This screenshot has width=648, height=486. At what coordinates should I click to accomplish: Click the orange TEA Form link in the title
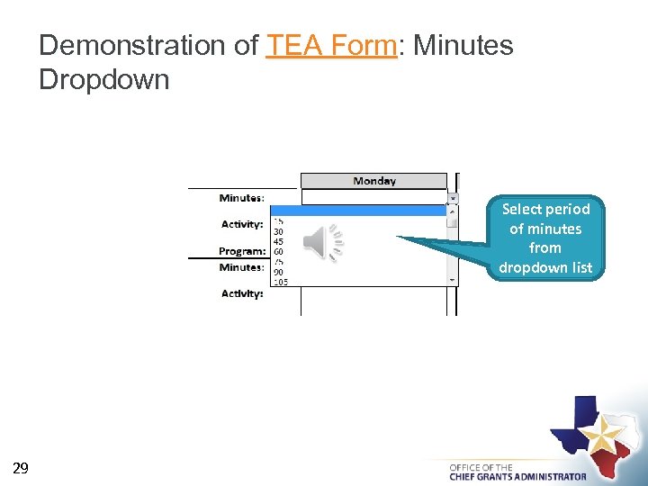point(331,45)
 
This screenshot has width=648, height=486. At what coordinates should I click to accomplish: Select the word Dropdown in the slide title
point(104,79)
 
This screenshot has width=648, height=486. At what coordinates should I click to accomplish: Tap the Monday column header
point(373,181)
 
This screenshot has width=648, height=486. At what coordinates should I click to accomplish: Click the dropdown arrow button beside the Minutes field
point(453,198)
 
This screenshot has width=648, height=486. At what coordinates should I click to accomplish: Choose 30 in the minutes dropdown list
point(278,230)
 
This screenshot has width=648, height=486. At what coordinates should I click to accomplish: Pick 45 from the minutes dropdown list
point(278,241)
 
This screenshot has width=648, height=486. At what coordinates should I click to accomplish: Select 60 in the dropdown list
point(278,252)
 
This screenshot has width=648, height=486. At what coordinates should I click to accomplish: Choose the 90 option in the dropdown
point(278,272)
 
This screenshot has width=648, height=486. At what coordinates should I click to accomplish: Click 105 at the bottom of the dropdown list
point(280,282)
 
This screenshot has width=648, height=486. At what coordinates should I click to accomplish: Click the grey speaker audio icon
point(321,243)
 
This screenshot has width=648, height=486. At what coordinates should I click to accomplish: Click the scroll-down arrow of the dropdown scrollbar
point(453,280)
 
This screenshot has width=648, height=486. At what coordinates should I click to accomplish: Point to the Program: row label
point(242,252)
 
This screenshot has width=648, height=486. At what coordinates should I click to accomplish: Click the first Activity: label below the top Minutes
point(242,224)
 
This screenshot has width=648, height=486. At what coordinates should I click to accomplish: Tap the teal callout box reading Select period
point(545,238)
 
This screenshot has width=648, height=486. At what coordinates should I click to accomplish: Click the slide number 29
point(21,467)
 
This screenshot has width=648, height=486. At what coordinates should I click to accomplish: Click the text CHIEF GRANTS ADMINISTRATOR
point(517,476)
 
